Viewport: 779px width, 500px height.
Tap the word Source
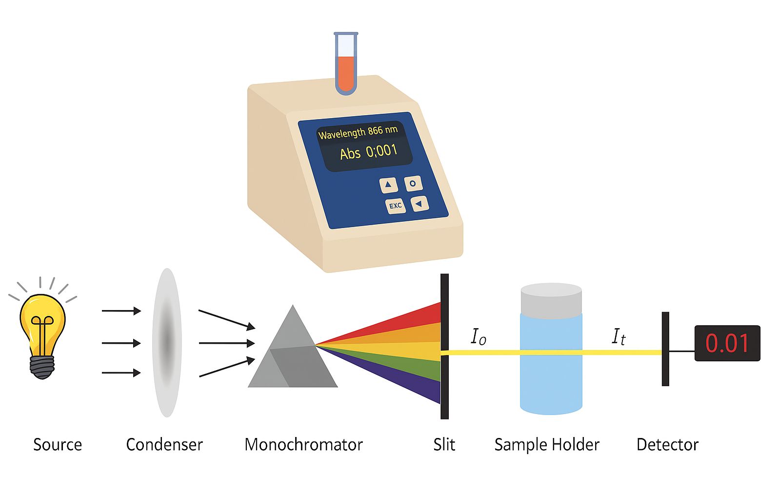[58, 445]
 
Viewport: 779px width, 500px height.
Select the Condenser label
[164, 445]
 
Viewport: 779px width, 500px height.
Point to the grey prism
[293, 356]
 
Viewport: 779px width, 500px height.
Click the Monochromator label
[303, 445]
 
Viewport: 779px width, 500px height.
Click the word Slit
[444, 445]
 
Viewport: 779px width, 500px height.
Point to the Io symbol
[478, 336]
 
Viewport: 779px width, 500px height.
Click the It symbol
[619, 336]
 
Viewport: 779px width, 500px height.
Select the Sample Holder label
[547, 445]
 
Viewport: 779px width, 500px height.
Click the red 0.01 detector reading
[727, 343]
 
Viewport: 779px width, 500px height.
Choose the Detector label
[667, 445]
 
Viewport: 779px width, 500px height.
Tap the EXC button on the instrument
[395, 206]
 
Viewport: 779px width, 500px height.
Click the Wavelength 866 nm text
[358, 132]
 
